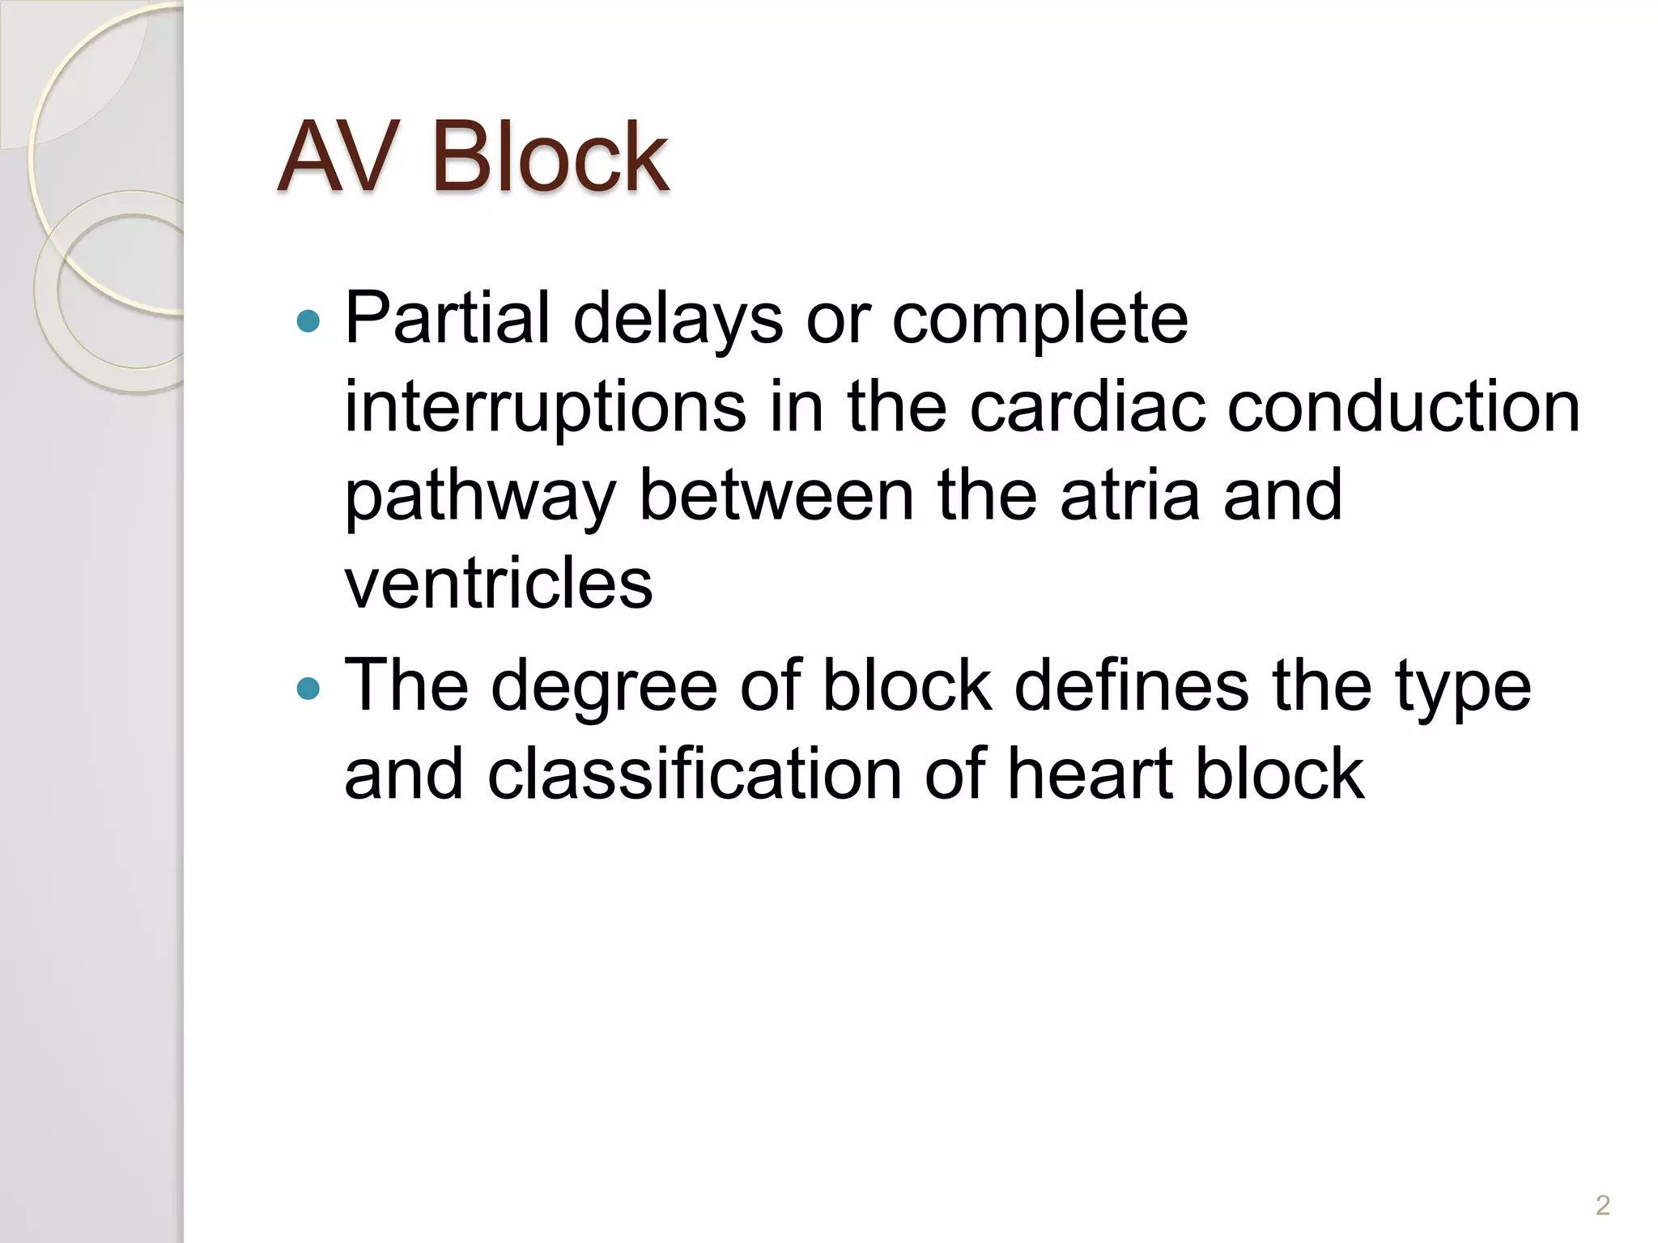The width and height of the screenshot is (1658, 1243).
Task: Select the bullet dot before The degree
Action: click(x=308, y=689)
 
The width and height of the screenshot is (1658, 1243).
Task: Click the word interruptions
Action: click(x=545, y=409)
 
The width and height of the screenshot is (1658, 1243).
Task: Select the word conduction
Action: click(x=1404, y=407)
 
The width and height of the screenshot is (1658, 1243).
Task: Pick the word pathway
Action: click(x=481, y=498)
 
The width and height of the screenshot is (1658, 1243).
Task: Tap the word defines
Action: click(x=1131, y=686)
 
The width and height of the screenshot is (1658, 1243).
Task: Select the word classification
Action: click(x=695, y=774)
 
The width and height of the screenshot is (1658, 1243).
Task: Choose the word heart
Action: click(x=1090, y=774)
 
